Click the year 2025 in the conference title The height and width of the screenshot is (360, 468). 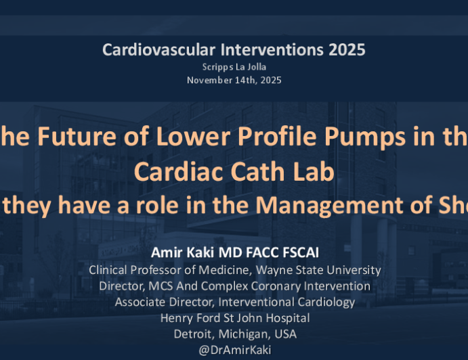[343, 49]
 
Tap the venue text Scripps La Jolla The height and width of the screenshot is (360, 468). [234, 67]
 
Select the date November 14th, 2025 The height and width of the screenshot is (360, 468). [234, 80]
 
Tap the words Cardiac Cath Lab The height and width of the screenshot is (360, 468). [234, 171]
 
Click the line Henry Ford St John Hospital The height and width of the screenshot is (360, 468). [234, 318]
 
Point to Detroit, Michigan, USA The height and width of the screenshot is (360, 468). [234, 334]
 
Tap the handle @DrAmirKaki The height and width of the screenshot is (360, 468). [234, 351]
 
